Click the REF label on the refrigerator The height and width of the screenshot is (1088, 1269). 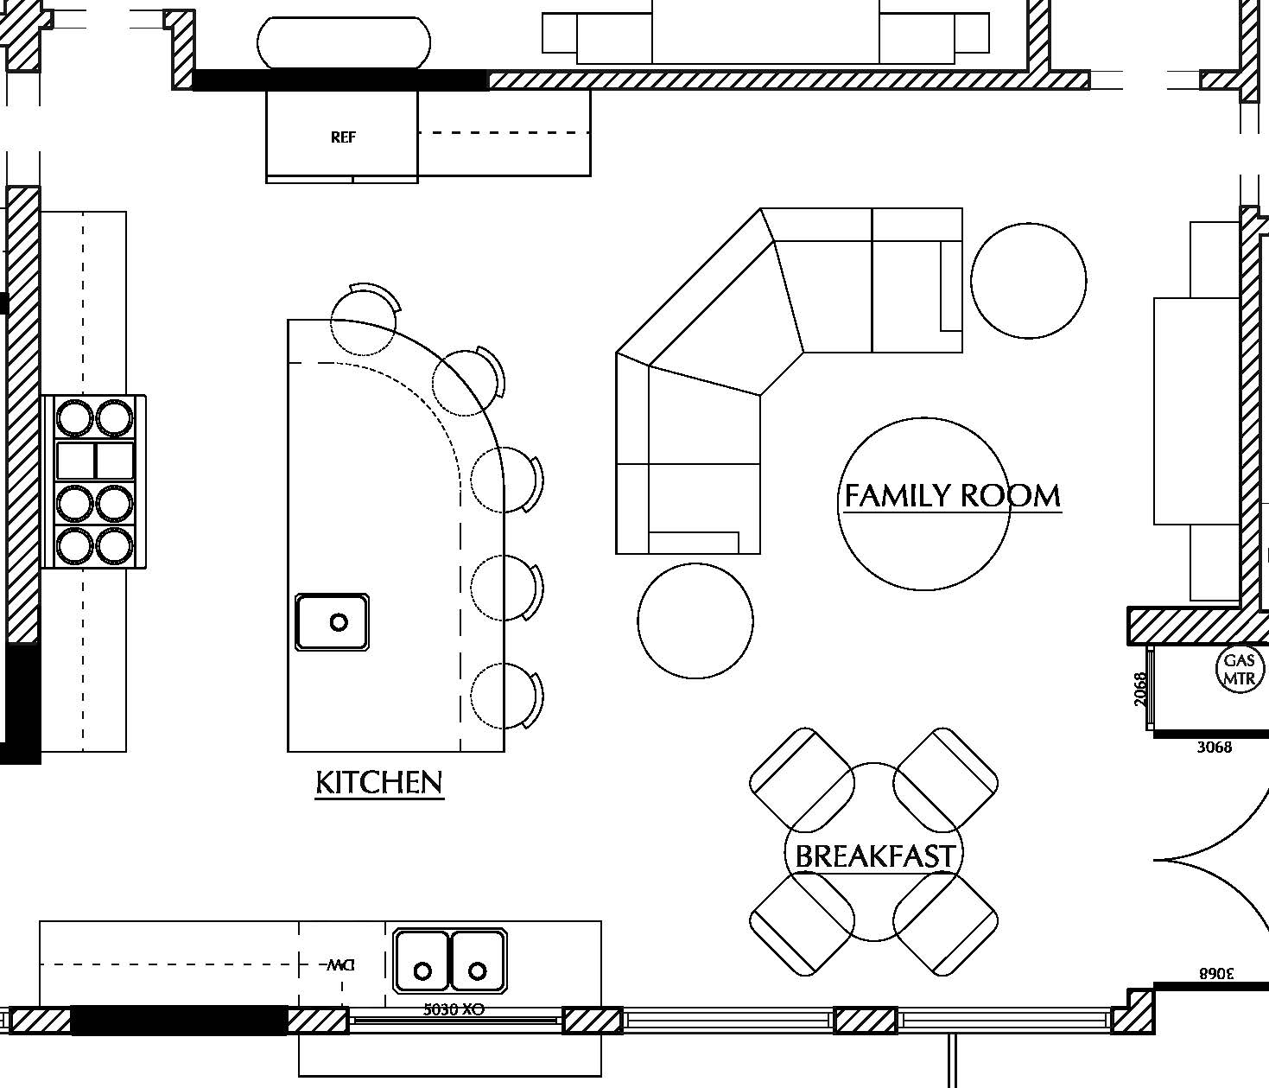[343, 137]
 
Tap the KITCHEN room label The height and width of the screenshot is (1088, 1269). [379, 783]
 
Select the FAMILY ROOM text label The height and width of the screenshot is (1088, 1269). [952, 496]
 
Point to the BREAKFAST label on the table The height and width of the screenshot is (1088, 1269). [874, 856]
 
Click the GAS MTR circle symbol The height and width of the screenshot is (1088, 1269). [1240, 668]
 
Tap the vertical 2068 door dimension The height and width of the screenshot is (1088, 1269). [1141, 689]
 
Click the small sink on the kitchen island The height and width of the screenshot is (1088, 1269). [333, 621]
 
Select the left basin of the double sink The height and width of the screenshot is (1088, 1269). [422, 960]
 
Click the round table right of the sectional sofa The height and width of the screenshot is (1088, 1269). [1028, 280]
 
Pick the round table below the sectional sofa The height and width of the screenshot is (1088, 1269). [695, 620]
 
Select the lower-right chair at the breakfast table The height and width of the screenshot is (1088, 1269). [945, 925]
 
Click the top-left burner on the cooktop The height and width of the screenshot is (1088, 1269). [74, 418]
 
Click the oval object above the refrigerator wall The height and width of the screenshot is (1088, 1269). [344, 42]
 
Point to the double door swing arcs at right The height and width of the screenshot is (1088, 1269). [1209, 860]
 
